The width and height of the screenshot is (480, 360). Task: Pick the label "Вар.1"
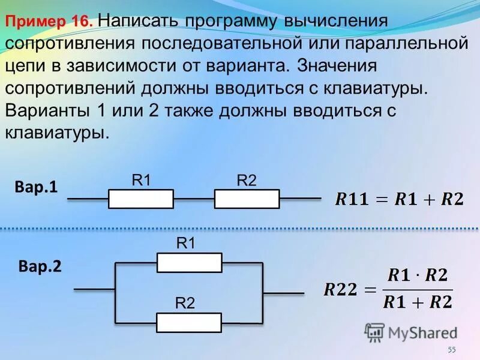pyautogui.click(x=37, y=187)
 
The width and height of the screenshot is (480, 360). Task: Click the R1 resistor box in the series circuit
pyautogui.click(x=141, y=199)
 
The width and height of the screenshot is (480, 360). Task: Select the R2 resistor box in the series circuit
pyautogui.click(x=247, y=199)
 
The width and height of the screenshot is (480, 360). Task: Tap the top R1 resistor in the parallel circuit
pyautogui.click(x=189, y=262)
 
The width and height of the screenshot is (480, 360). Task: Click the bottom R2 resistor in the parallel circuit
pyautogui.click(x=189, y=322)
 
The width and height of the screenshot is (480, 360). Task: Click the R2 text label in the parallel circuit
pyautogui.click(x=185, y=304)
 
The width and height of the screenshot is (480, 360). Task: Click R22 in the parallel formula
pyautogui.click(x=341, y=290)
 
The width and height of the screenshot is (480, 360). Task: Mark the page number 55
pyautogui.click(x=452, y=350)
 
